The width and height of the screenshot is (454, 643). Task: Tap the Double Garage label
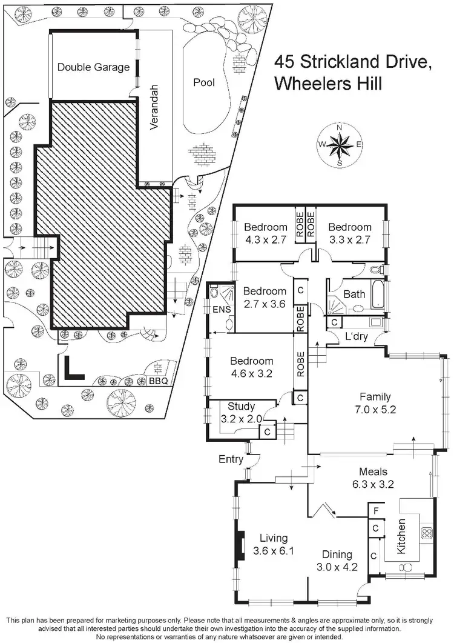tap(93, 67)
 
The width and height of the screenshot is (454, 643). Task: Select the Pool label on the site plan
tap(203, 82)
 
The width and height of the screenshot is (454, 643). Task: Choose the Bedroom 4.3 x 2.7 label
tap(265, 233)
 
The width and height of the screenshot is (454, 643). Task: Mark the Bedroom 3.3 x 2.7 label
tap(349, 233)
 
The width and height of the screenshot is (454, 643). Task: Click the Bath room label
tap(354, 295)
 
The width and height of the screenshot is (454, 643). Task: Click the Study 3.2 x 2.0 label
tap(241, 411)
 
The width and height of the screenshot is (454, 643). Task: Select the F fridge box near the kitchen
tap(375, 511)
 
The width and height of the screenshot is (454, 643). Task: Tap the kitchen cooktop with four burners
tap(426, 533)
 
